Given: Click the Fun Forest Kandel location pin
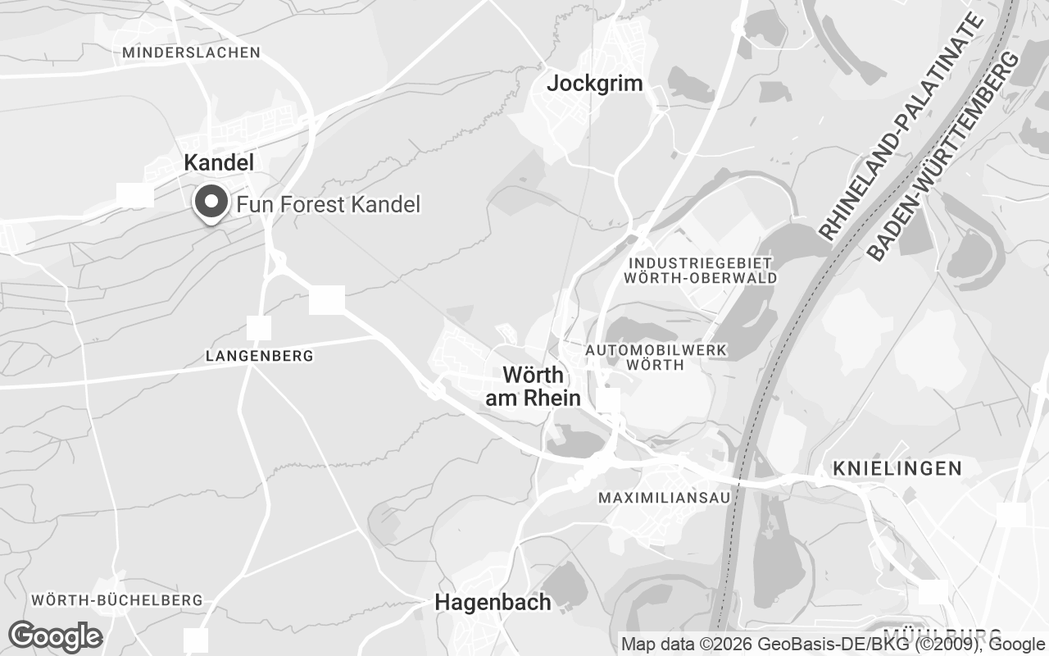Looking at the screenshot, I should tap(212, 202).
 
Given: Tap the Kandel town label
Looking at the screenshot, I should tap(219, 162).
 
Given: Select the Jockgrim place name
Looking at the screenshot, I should tap(595, 83).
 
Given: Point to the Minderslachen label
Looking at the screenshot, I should tap(191, 52).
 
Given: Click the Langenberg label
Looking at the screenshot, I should tap(260, 356).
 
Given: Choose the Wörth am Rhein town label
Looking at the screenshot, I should tap(534, 386).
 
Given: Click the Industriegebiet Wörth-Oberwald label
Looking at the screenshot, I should tap(701, 270).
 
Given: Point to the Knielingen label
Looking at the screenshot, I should tap(897, 468).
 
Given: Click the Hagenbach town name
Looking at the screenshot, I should tap(493, 602).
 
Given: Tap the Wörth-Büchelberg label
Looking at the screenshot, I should tap(117, 600).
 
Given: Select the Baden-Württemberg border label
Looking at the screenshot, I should tap(943, 156).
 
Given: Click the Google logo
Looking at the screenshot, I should tap(56, 636).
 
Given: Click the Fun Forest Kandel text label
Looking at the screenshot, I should tap(328, 204).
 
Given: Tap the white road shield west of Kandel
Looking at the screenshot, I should tap(135, 195).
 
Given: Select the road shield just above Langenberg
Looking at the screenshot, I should tap(259, 328).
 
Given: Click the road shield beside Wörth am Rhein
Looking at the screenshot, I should tap(608, 400).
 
